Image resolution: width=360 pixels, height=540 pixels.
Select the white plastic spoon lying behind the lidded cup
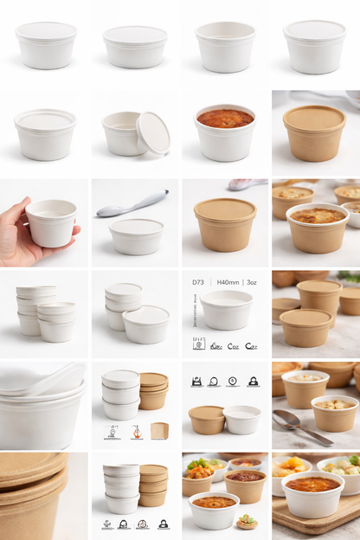point(132,204)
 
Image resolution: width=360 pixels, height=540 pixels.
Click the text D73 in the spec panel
point(198,282)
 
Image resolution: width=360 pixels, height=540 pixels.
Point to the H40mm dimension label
point(228,282)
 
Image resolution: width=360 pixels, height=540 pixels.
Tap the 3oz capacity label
point(252,282)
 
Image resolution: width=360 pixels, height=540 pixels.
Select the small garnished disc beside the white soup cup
point(247,521)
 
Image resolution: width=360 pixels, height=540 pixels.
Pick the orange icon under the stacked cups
point(137,430)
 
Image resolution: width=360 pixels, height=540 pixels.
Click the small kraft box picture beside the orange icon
point(160,430)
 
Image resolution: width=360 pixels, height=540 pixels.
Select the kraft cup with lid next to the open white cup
point(208,420)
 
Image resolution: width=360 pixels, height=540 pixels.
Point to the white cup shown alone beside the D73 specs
point(227,309)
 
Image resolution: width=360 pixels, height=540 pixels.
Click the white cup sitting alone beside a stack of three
point(145,325)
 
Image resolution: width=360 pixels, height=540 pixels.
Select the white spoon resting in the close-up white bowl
point(61,378)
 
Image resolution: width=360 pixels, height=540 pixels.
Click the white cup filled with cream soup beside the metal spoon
point(335,413)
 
